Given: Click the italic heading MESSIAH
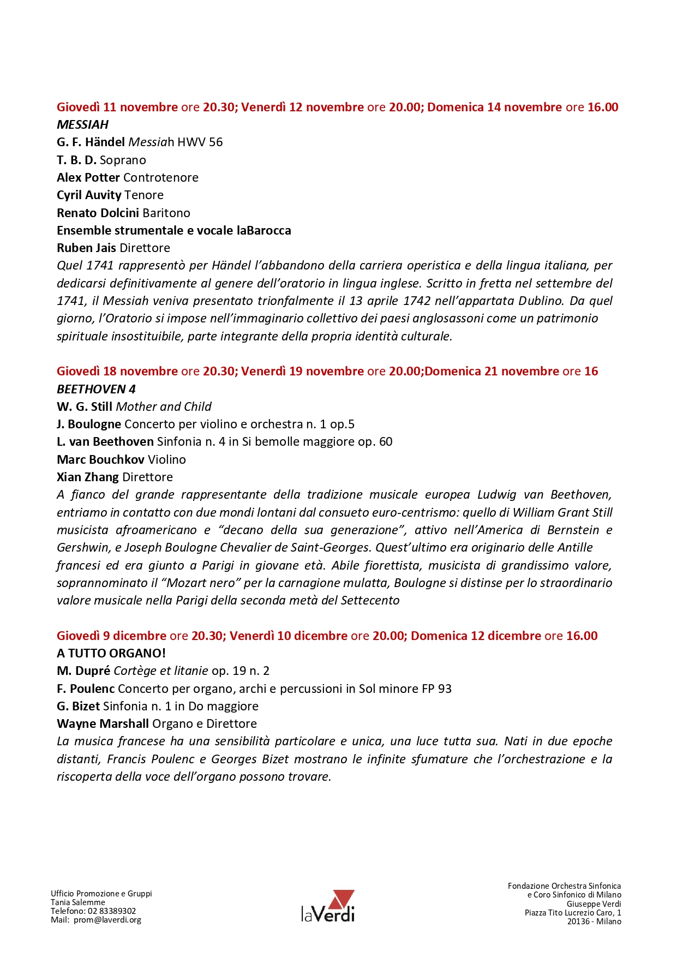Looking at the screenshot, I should click(82, 124).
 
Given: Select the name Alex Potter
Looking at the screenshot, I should click(88, 177).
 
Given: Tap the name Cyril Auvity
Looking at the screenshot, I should click(89, 195).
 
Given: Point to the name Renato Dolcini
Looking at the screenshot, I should click(98, 213).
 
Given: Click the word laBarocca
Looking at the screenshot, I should click(263, 230).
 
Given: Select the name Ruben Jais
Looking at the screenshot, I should click(86, 248).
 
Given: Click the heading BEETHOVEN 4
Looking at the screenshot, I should click(96, 389).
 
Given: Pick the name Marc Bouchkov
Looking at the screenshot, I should click(100, 459).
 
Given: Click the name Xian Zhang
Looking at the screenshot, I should click(87, 477).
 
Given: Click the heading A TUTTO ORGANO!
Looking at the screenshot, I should click(111, 653).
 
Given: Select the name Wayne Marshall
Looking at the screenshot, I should click(103, 723).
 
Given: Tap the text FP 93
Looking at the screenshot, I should click(436, 689).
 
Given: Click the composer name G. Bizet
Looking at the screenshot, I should click(78, 706).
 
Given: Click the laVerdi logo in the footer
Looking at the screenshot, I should click(328, 906).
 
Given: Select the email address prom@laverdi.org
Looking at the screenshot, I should click(107, 919).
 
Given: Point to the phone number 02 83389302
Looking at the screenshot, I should click(112, 911).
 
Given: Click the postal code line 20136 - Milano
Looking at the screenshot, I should click(594, 921).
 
